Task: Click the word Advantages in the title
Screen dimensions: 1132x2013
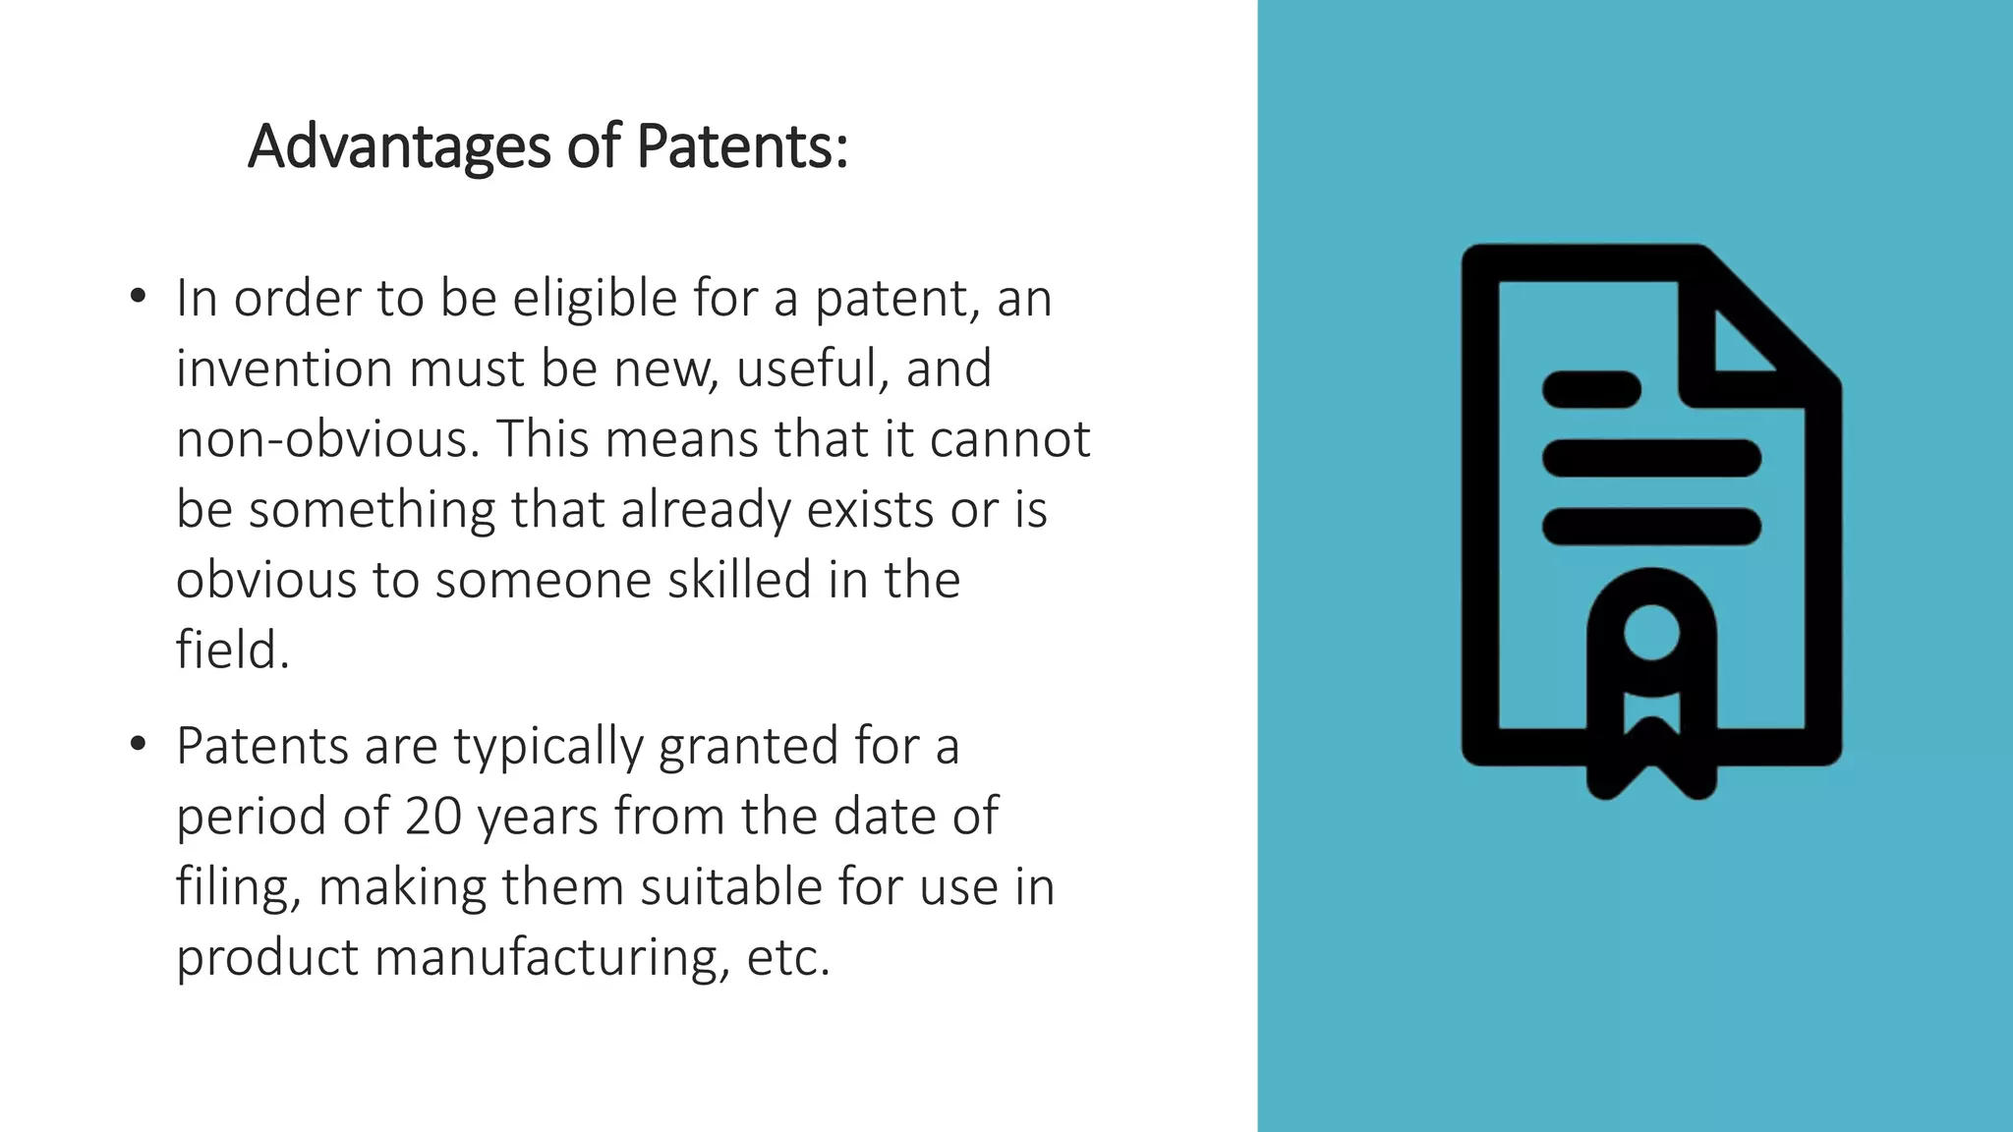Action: click(399, 146)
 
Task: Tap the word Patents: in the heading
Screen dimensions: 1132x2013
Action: click(742, 146)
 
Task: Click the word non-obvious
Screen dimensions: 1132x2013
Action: click(328, 439)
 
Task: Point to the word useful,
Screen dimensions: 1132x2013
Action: click(813, 368)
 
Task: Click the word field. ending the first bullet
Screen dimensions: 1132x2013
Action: click(233, 651)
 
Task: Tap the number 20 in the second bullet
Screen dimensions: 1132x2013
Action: click(432, 817)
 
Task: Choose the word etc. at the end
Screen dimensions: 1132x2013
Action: click(788, 958)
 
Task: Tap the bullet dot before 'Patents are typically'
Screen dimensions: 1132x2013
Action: click(138, 744)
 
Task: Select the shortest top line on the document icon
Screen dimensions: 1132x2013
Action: click(1591, 389)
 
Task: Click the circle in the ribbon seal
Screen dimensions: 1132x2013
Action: click(1651, 632)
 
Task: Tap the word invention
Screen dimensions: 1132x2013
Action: click(284, 368)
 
